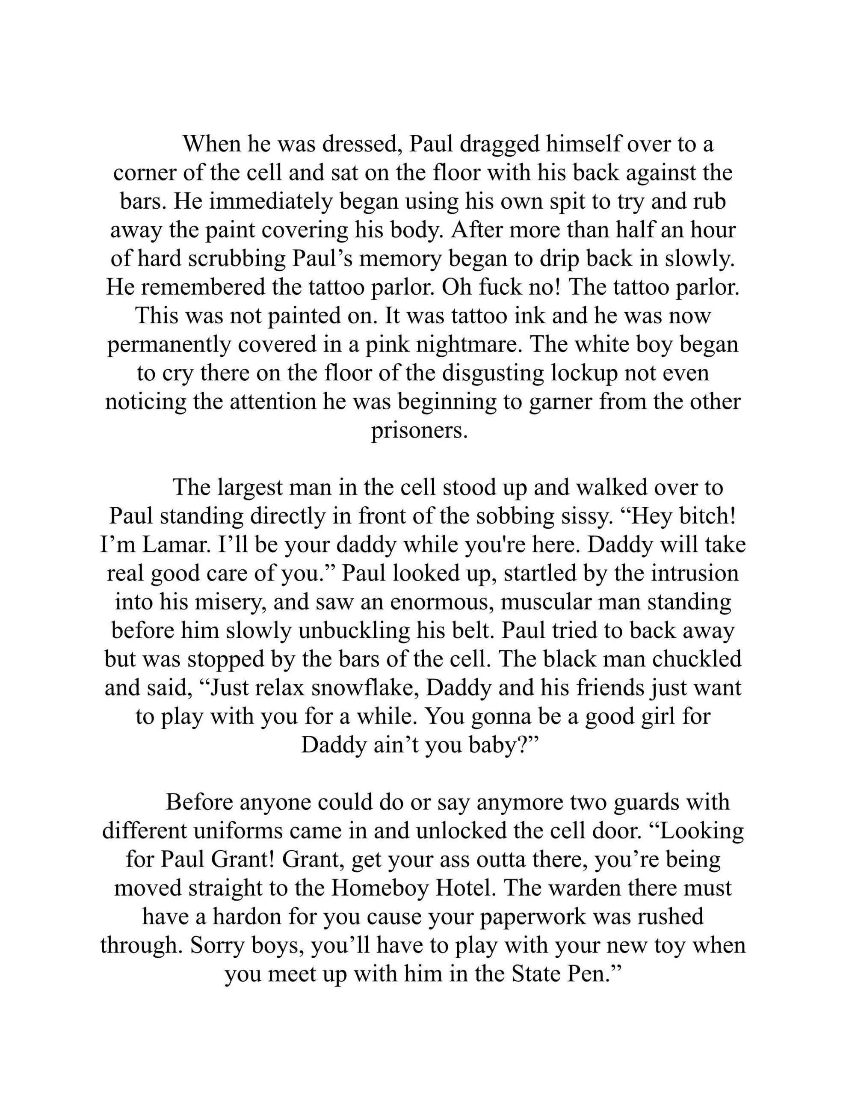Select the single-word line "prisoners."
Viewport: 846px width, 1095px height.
[419, 431]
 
